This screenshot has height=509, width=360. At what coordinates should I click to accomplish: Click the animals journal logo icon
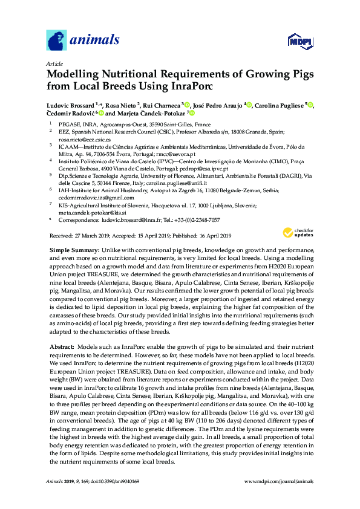point(56,41)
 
